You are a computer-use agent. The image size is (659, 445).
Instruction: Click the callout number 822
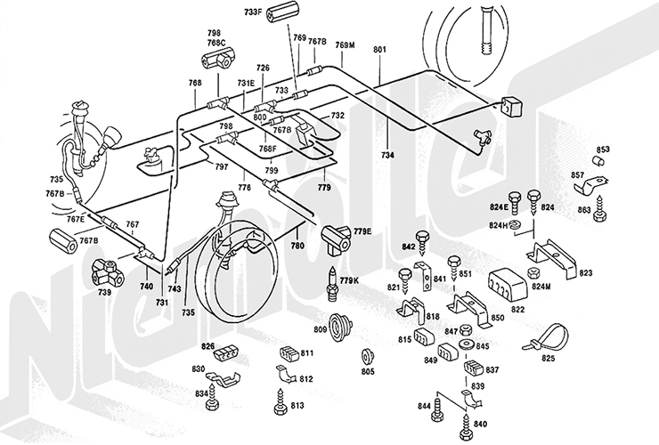tap(517, 308)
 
